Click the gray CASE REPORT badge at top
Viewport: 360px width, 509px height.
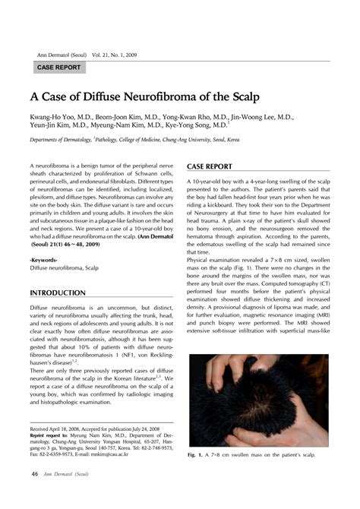coord(58,68)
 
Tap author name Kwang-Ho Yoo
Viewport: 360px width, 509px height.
coord(49,118)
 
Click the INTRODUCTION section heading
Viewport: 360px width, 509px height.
coord(57,292)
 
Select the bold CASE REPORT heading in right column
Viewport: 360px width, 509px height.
coord(210,166)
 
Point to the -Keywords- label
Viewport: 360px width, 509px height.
coord(44,260)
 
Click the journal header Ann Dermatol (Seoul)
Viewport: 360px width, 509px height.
coord(60,55)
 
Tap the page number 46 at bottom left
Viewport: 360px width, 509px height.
coord(35,475)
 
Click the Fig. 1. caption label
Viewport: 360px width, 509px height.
coord(196,455)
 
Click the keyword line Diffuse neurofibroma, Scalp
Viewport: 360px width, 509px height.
coord(64,268)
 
